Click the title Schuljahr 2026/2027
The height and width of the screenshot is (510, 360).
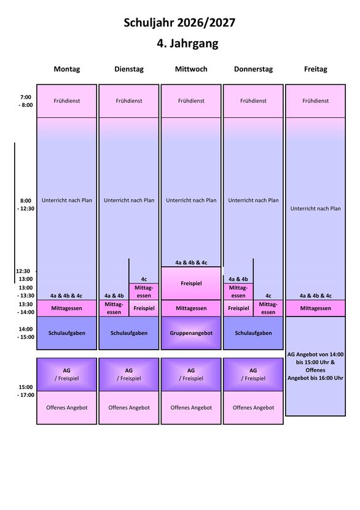179,23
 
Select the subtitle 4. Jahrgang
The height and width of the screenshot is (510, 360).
187,43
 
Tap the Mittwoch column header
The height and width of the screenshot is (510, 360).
191,69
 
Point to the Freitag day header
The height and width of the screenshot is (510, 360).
315,69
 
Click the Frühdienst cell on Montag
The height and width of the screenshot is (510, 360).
67,101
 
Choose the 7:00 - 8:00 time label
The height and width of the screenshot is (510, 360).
26,101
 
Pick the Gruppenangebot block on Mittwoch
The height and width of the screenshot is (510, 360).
191,333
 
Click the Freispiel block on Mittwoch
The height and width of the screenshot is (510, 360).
191,283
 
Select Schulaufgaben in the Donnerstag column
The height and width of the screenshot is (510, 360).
253,333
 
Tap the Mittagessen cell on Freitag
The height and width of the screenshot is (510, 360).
315,308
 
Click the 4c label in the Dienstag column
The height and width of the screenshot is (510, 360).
144,279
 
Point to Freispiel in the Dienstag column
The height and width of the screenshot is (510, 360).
144,308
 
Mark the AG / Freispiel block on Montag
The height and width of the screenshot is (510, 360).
67,374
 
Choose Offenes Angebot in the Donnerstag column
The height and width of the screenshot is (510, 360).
253,407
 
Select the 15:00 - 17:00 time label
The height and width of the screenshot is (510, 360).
26,391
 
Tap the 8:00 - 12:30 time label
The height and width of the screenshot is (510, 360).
26,205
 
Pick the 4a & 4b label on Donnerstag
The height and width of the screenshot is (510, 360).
238,279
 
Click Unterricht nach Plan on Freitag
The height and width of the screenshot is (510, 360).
315,208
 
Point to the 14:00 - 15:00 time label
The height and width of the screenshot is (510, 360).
26,333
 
